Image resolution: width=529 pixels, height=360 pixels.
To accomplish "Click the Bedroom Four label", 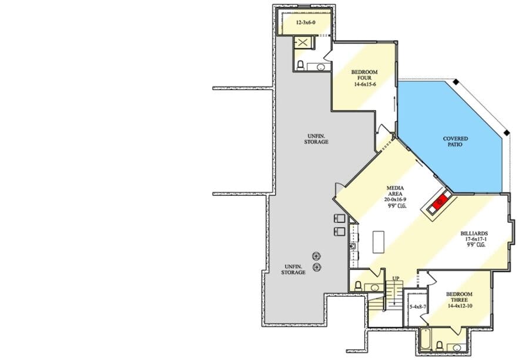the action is (x=364, y=75).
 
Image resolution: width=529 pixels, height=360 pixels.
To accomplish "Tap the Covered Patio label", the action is (x=455, y=142).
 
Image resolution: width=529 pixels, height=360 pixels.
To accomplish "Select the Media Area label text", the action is (x=395, y=191).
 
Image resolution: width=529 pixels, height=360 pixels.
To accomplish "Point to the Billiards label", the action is (x=474, y=234).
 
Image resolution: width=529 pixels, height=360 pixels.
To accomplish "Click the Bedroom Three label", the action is (x=459, y=297).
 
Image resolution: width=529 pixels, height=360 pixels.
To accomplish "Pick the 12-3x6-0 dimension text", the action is (x=306, y=22).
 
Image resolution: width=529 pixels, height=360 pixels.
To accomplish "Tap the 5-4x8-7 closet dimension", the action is (x=418, y=307).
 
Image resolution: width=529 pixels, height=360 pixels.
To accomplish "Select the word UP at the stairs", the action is (x=396, y=278).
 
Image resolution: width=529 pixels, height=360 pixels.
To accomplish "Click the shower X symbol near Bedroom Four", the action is (x=303, y=42).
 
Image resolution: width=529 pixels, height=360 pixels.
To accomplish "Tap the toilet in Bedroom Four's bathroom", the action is (x=300, y=65).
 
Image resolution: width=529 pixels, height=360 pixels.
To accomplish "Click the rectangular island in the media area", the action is (x=379, y=242).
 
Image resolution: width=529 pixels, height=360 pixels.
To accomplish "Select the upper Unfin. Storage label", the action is (x=316, y=139).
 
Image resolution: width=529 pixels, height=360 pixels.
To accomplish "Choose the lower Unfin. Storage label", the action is (x=293, y=269).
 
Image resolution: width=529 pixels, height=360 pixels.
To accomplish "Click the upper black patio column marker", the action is (x=456, y=82).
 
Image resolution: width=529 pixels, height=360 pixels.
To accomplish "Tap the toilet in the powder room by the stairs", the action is (x=359, y=286).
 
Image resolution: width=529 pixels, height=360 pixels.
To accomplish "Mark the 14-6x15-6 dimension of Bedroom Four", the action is (x=364, y=84).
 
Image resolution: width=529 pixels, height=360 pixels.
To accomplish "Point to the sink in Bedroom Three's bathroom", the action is (x=457, y=348).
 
